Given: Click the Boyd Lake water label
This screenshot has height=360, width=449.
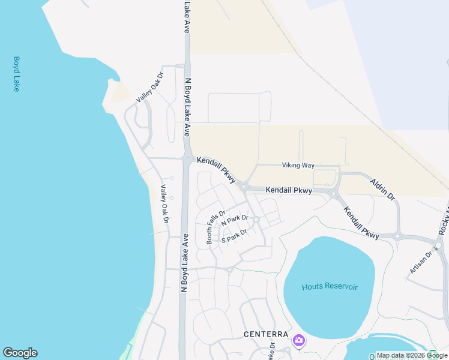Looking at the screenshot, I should pyautogui.click(x=16, y=74).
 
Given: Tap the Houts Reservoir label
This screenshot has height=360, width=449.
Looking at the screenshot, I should pyautogui.click(x=330, y=287).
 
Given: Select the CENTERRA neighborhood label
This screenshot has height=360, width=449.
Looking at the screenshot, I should pyautogui.click(x=266, y=334).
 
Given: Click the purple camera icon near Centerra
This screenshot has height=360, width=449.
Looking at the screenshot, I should pyautogui.click(x=299, y=341).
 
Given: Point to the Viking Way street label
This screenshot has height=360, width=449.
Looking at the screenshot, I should pyautogui.click(x=298, y=165).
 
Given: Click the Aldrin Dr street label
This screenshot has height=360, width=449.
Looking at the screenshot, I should pyautogui.click(x=382, y=188).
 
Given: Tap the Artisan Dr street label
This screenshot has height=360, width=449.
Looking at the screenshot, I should pyautogui.click(x=421, y=262).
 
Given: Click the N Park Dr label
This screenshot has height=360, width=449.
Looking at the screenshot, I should pyautogui.click(x=235, y=221).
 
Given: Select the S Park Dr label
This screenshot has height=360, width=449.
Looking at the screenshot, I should pyautogui.click(x=234, y=236).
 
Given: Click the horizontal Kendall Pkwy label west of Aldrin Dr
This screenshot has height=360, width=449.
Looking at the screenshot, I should pyautogui.click(x=289, y=190).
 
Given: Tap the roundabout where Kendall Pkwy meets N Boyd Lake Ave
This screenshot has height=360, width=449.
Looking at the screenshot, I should pyautogui.click(x=188, y=159).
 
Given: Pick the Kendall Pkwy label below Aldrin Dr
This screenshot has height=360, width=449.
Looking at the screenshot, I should pyautogui.click(x=361, y=223).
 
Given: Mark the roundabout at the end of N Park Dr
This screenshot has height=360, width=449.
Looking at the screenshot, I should pyautogui.click(x=256, y=220).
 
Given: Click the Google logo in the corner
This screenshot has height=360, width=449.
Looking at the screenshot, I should pyautogui.click(x=20, y=353).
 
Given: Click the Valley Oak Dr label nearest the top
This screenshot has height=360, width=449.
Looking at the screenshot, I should pyautogui.click(x=149, y=88).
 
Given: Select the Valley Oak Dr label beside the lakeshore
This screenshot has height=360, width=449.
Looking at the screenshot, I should pyautogui.click(x=163, y=202).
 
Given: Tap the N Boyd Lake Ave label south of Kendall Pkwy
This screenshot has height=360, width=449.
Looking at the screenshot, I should pyautogui.click(x=185, y=262).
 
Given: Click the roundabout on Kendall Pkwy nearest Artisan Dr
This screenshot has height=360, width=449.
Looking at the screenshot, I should pyautogui.click(x=397, y=236).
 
